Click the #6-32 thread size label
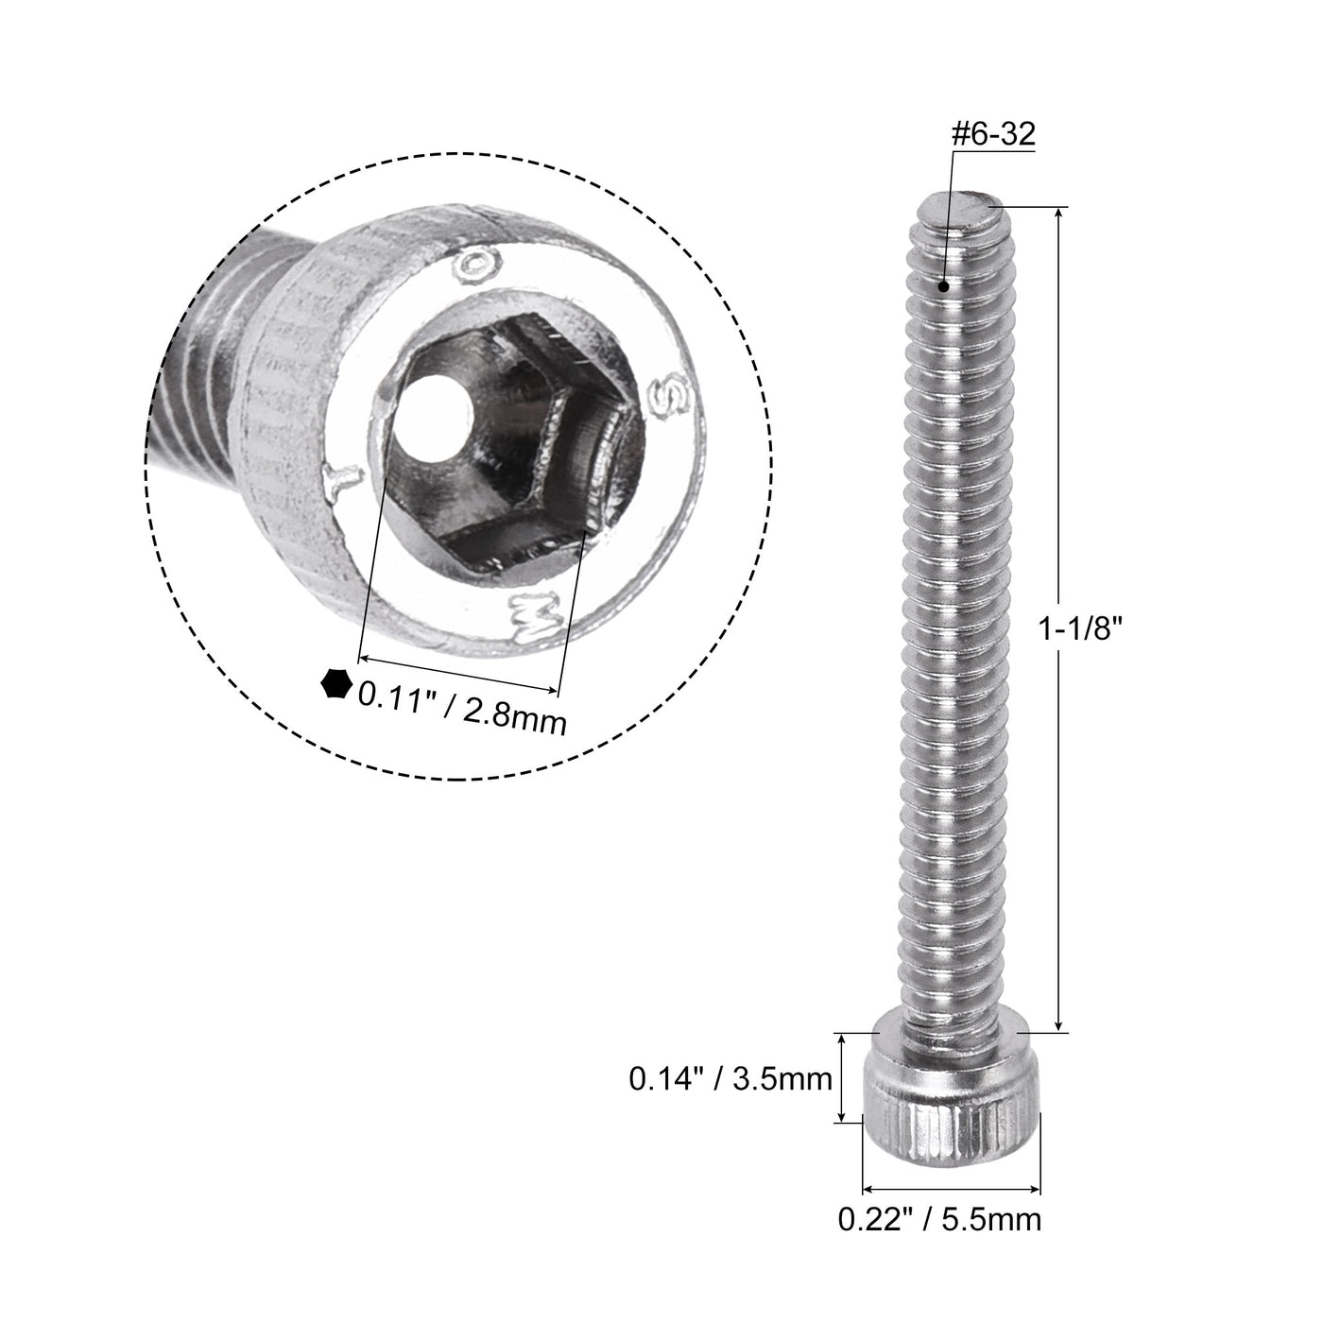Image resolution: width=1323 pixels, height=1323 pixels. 993,135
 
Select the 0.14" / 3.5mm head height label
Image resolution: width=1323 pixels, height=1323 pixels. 730,1078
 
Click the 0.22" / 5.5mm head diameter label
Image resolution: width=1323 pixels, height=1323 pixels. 940,1219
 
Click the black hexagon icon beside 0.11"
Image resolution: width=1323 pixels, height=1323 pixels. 335,683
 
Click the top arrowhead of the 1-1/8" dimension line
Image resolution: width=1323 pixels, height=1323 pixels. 1059,215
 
